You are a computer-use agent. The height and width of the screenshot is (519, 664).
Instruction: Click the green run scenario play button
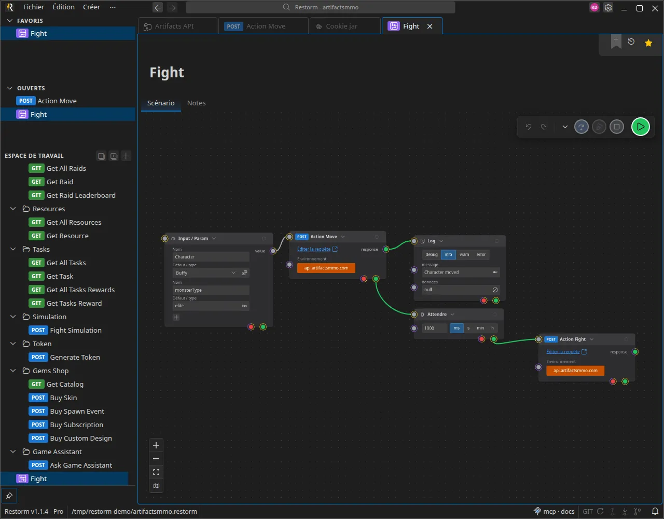click(640, 127)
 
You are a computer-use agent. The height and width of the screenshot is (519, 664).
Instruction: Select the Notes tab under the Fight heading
click(196, 103)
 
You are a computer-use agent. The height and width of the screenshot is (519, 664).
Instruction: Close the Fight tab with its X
click(430, 26)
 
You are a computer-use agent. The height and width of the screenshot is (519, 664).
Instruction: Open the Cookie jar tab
click(341, 26)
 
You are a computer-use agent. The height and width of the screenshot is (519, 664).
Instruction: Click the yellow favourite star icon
click(648, 43)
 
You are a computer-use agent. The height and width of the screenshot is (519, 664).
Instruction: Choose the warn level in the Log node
click(464, 254)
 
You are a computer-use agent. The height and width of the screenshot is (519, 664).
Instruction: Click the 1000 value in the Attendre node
click(434, 328)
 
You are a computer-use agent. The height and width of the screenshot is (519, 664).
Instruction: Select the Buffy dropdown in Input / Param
click(205, 272)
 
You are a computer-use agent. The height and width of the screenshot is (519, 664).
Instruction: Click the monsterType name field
click(211, 290)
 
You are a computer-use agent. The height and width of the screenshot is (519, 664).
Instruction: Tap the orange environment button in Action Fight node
click(575, 371)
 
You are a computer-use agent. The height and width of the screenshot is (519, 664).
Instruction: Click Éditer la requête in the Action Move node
click(314, 249)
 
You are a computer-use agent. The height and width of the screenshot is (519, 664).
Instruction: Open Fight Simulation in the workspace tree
click(75, 330)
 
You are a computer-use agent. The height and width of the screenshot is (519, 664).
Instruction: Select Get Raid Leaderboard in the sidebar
click(81, 195)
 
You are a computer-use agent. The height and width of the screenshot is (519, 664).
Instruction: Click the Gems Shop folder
click(50, 371)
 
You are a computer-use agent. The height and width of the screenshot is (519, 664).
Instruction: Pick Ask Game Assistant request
click(81, 465)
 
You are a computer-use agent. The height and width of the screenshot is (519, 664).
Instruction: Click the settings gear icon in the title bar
click(608, 8)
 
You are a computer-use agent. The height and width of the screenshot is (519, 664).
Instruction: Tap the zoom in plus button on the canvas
click(156, 445)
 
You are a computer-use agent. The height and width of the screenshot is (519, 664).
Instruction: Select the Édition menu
click(63, 7)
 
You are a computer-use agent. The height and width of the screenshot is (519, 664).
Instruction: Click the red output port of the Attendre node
click(481, 339)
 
